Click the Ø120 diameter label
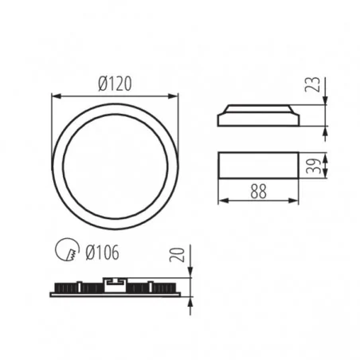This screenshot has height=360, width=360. click(x=114, y=81)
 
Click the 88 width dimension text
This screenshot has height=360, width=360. click(x=259, y=192)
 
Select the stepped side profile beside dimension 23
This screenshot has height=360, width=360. click(x=259, y=115)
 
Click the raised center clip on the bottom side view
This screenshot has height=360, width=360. click(x=113, y=280)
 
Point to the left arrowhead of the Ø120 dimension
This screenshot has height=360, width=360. click(x=54, y=95)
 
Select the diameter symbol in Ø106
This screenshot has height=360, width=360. click(x=89, y=253)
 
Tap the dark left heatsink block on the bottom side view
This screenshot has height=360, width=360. click(x=76, y=287)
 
